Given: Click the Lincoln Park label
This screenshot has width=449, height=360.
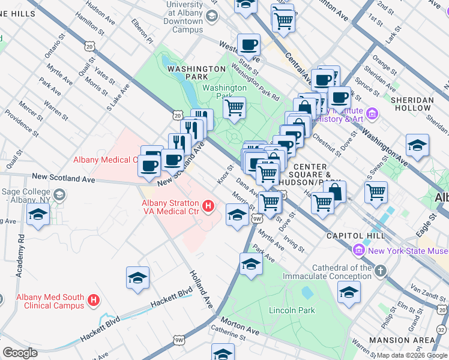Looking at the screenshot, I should [292, 310].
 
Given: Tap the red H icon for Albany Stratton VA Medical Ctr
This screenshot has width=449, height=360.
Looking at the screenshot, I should [208, 207].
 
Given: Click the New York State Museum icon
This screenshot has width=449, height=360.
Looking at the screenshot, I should [360, 250].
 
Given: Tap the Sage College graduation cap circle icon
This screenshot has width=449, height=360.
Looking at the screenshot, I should [59, 194].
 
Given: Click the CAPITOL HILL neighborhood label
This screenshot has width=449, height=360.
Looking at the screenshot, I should [351, 236].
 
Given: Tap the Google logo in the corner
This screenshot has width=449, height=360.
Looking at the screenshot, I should [20, 353].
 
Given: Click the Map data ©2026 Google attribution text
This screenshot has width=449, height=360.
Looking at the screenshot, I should [411, 355].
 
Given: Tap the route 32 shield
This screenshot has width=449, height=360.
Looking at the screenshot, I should [442, 328].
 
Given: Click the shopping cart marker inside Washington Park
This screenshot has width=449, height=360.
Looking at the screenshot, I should [234, 108].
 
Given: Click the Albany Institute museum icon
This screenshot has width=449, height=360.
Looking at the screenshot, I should [372, 113].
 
